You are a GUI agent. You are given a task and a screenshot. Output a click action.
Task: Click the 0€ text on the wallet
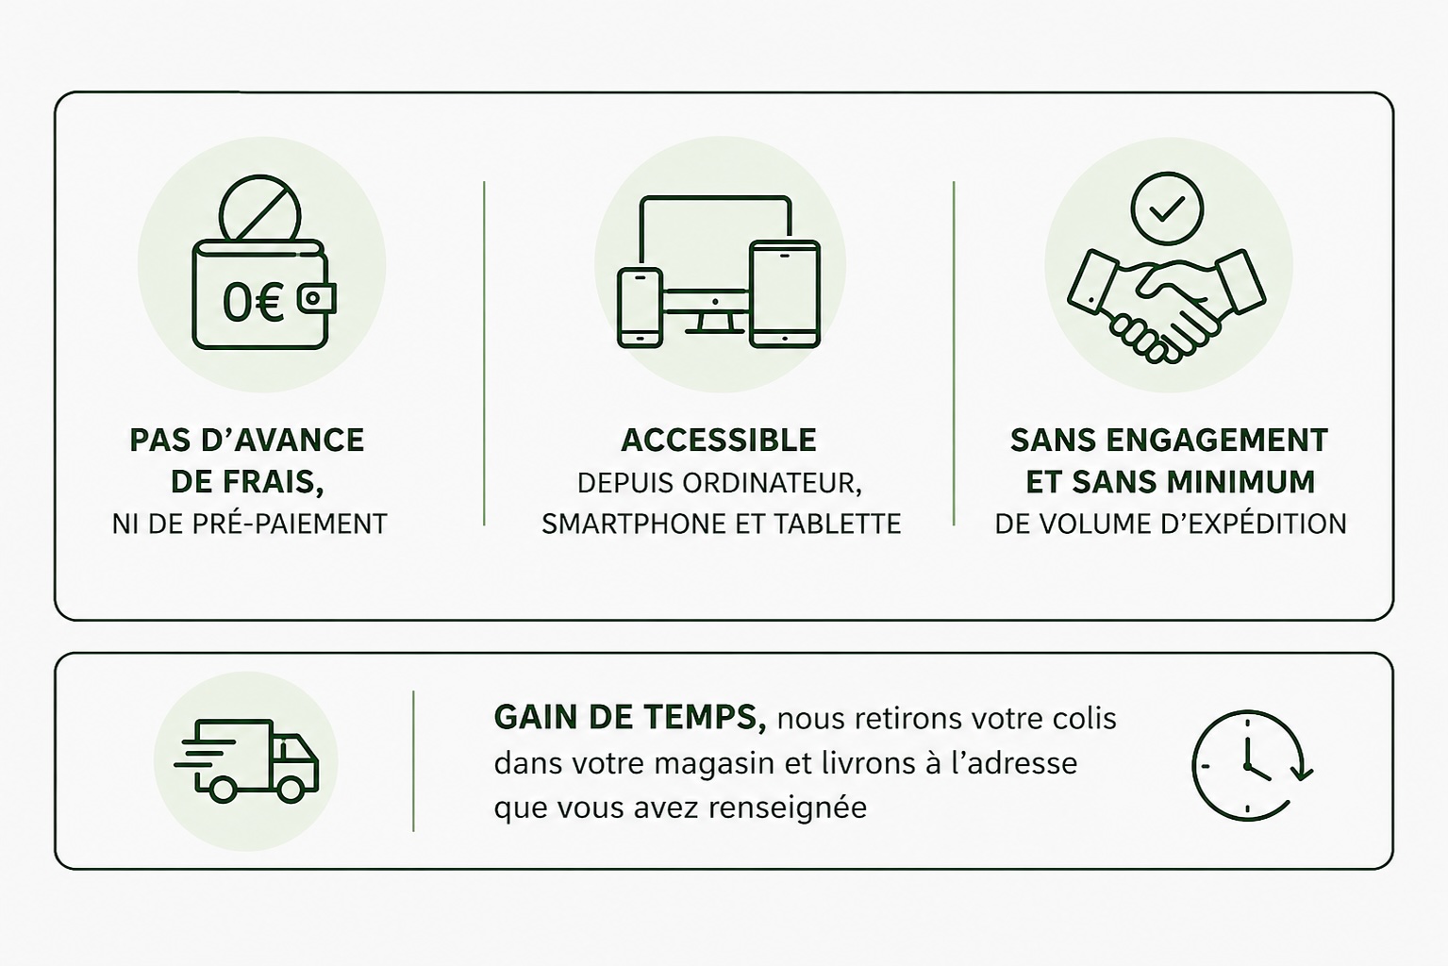point(253,303)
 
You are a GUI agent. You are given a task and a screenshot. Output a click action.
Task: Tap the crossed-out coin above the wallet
point(259,209)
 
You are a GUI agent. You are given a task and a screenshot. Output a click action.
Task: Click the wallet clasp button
point(316,298)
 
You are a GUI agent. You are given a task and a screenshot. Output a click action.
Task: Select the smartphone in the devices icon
point(640,308)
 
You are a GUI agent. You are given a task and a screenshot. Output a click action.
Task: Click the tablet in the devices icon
point(785,294)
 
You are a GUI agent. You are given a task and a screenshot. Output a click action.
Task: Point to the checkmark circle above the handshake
point(1167,208)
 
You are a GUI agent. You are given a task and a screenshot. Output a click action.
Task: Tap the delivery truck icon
point(246,761)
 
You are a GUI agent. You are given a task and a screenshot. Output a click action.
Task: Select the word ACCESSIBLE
point(719,441)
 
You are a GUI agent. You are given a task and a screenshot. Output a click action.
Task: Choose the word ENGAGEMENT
point(1217,441)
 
